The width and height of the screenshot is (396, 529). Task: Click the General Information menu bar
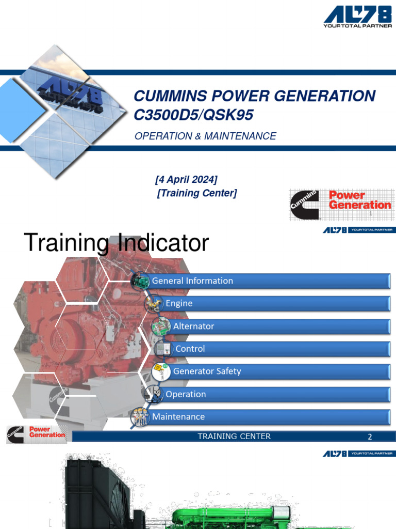coord(268,281)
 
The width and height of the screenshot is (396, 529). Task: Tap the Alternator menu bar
coord(278,326)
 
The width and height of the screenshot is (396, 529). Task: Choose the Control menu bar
coord(281,349)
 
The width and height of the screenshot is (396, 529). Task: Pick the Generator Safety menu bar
coord(278,371)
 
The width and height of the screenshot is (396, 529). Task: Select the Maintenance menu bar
coord(268,417)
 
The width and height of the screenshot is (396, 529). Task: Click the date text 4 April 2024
coord(186,179)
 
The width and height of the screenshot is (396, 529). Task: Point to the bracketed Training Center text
coord(196,193)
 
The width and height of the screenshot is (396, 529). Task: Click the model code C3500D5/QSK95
coord(193,115)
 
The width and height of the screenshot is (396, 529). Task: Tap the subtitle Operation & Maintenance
coord(205,136)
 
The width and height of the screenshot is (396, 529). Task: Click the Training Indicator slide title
coord(117,243)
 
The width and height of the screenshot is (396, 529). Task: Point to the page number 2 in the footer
coord(370,437)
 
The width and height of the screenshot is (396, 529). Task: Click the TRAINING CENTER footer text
coord(234,437)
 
